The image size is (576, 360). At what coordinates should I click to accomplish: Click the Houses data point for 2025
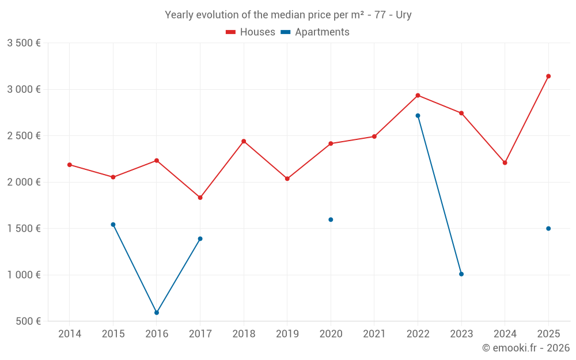[x=548, y=76]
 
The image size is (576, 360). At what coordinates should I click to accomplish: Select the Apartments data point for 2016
[x=157, y=313]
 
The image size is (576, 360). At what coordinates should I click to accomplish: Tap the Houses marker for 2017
[x=200, y=198]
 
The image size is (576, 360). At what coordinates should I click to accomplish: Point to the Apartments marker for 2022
[x=418, y=116]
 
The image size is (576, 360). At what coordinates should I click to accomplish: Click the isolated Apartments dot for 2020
[x=331, y=219]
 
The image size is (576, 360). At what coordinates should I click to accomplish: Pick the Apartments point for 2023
[x=461, y=274]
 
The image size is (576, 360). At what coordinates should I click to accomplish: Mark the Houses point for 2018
[x=244, y=141]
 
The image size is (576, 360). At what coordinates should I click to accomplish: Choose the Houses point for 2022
[x=418, y=96]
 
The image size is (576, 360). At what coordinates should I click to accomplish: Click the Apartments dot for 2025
[x=548, y=229]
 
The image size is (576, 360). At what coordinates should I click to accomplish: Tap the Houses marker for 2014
[x=70, y=165]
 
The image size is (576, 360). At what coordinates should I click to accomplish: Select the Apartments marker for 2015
[x=113, y=225]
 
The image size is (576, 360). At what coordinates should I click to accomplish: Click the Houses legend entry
[x=251, y=32]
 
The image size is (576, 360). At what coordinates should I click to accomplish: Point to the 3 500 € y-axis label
[x=24, y=43]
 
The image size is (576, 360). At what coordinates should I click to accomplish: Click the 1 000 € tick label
[x=24, y=275]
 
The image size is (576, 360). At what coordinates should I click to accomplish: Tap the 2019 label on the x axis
[x=287, y=334]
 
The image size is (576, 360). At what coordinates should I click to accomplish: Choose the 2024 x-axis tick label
[x=505, y=334]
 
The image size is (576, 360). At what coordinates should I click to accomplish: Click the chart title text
[x=288, y=15]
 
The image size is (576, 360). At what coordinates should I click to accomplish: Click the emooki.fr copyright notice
[x=526, y=348]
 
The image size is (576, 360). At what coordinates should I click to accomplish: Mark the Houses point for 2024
[x=505, y=163]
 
